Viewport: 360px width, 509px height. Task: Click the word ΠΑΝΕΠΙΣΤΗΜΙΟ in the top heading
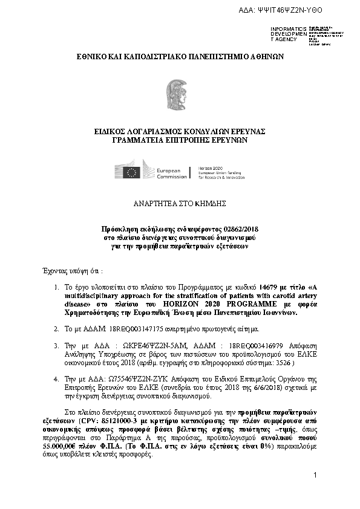point(203,56)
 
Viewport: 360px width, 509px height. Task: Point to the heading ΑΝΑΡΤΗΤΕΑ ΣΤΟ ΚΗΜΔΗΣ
point(179,205)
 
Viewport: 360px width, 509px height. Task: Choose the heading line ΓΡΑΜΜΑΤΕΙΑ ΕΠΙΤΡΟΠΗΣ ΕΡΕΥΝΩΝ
point(180,140)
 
